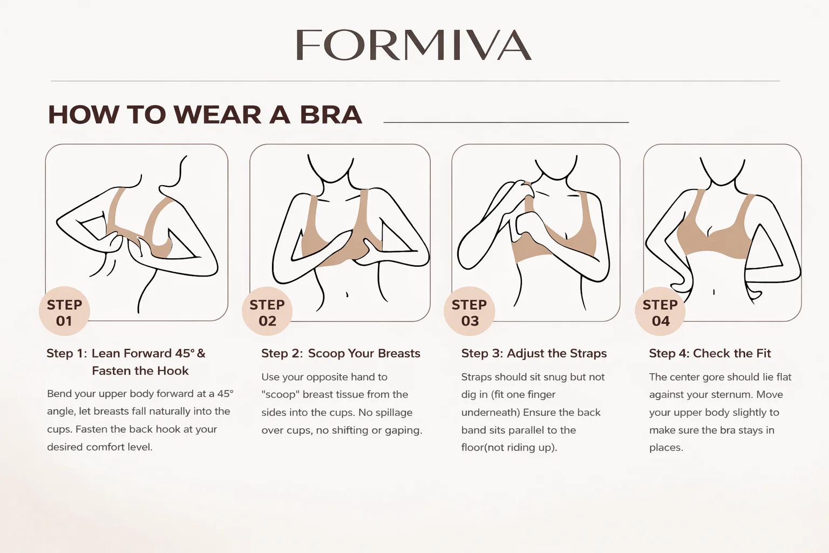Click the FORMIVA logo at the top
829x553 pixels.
click(414, 45)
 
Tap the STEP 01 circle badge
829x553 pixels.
click(64, 311)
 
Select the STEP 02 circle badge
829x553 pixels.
click(267, 311)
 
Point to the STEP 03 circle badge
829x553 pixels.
click(469, 311)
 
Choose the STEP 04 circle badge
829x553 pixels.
click(660, 311)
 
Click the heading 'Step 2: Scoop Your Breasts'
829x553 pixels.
click(341, 353)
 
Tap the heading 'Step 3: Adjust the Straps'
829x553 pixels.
click(534, 353)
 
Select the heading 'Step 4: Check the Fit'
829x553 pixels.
click(710, 353)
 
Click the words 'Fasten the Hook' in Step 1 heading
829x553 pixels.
click(140, 371)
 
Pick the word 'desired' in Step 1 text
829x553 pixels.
click(65, 447)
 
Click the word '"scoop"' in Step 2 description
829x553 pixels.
click(280, 394)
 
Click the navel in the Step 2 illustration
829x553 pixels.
click(347, 295)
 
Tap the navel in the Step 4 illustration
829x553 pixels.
click(714, 292)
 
